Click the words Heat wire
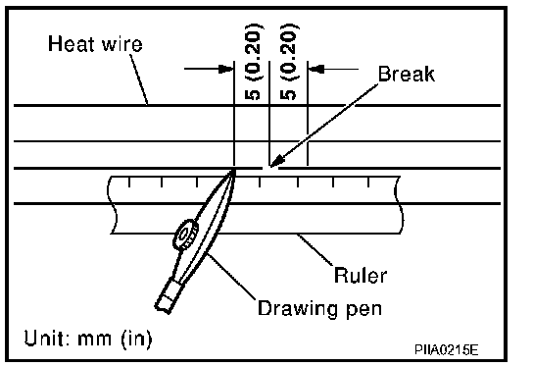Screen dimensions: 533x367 (x=95, y=43)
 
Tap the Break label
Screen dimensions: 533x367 (x=407, y=74)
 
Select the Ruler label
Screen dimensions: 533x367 (x=361, y=275)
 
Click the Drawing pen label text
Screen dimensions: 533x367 (x=319, y=308)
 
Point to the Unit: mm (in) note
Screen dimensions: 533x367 (x=88, y=339)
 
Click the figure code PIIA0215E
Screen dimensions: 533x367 (x=447, y=349)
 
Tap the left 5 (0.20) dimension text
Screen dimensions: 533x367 (x=254, y=62)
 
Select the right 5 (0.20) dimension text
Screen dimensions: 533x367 (x=289, y=62)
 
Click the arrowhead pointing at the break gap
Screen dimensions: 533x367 (x=276, y=160)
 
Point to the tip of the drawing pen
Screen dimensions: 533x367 (x=233, y=171)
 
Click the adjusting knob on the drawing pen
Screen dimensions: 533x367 (x=185, y=235)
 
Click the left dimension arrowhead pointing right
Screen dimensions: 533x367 (x=225, y=69)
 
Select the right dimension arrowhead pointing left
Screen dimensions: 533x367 (x=315, y=69)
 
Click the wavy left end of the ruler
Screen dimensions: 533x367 (x=112, y=205)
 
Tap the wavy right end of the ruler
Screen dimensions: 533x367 (x=399, y=205)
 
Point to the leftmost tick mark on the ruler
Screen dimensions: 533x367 (x=129, y=182)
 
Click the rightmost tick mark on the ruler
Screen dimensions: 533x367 (x=368, y=182)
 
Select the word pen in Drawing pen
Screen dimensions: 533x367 (x=364, y=310)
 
